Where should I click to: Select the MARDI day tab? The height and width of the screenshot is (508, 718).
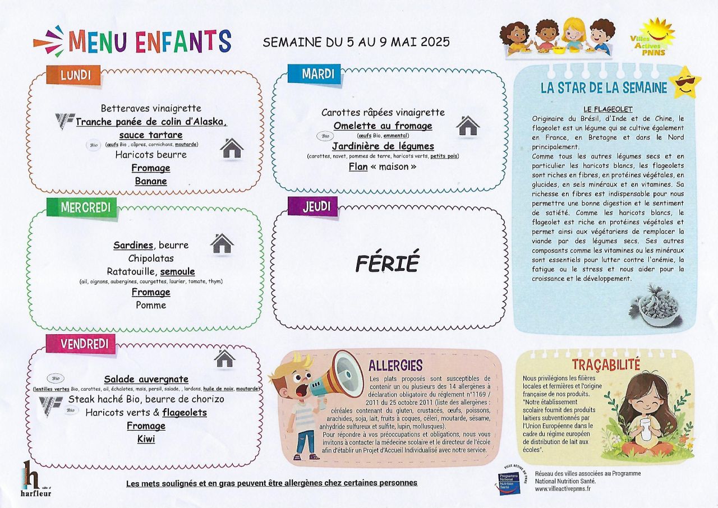tap(315, 73)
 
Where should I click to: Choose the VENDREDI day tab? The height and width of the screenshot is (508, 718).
tap(81, 344)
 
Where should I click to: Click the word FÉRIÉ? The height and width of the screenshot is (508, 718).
tap(388, 263)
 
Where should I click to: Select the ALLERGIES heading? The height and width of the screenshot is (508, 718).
tap(395, 366)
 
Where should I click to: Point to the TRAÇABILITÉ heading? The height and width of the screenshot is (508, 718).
tap(606, 364)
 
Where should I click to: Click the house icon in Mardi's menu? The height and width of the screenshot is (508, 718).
tap(467, 126)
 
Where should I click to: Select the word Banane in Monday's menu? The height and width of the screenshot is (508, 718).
tap(151, 181)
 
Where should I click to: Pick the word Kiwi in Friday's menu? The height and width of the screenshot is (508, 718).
tap(146, 439)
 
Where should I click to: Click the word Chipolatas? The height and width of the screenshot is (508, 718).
tap(151, 258)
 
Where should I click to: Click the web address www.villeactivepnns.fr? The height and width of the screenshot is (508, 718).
tap(563, 489)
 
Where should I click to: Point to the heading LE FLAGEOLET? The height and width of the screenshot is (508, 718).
tap(607, 109)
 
